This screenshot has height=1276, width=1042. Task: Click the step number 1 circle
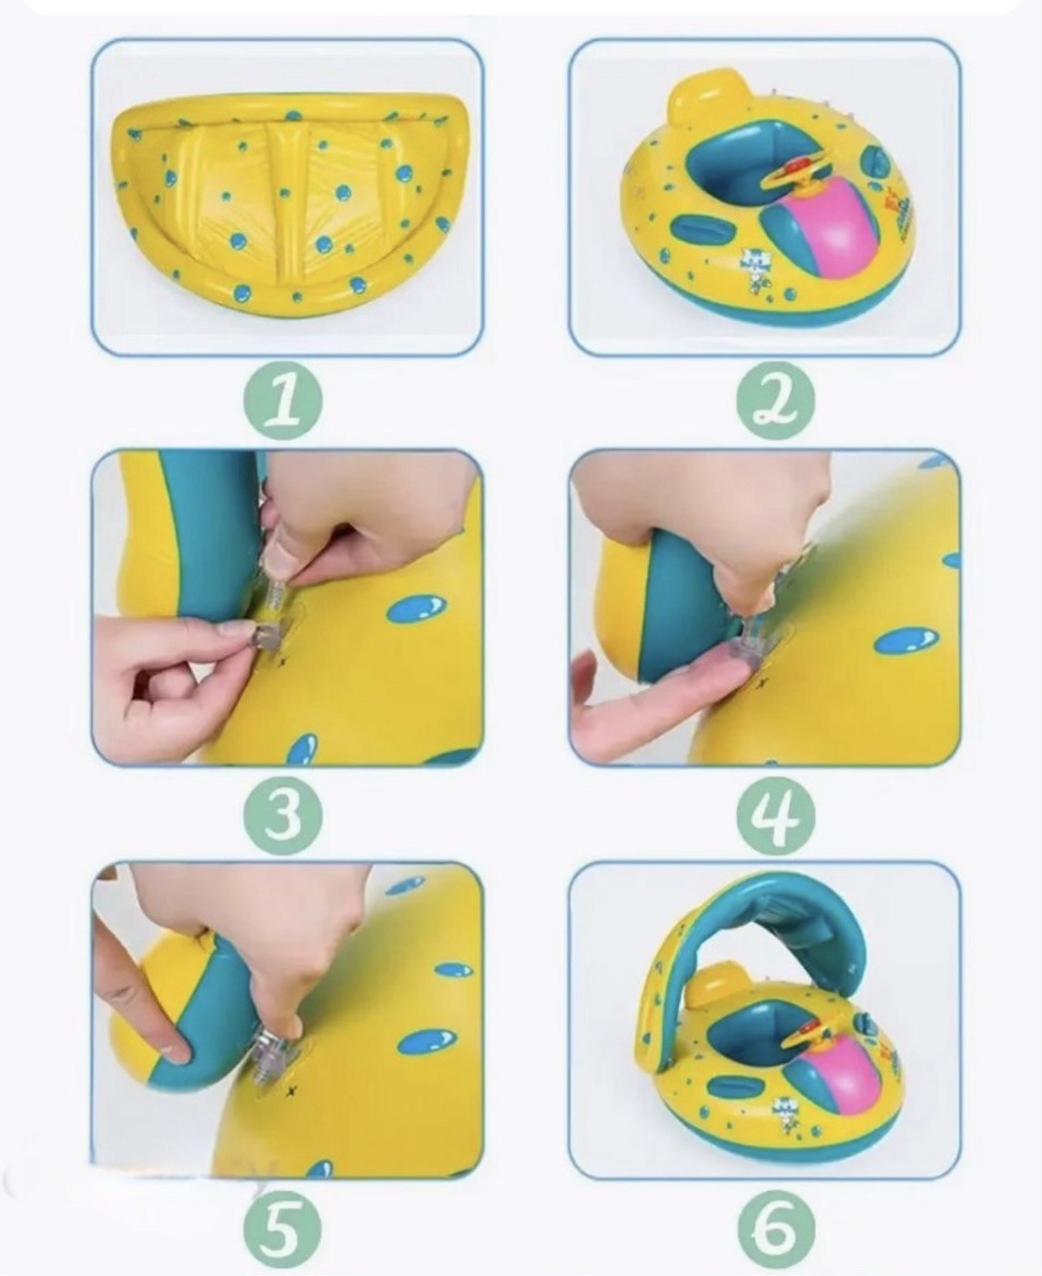[282, 400]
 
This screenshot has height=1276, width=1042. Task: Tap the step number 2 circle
[775, 400]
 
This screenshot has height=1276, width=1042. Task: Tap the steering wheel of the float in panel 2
[794, 174]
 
